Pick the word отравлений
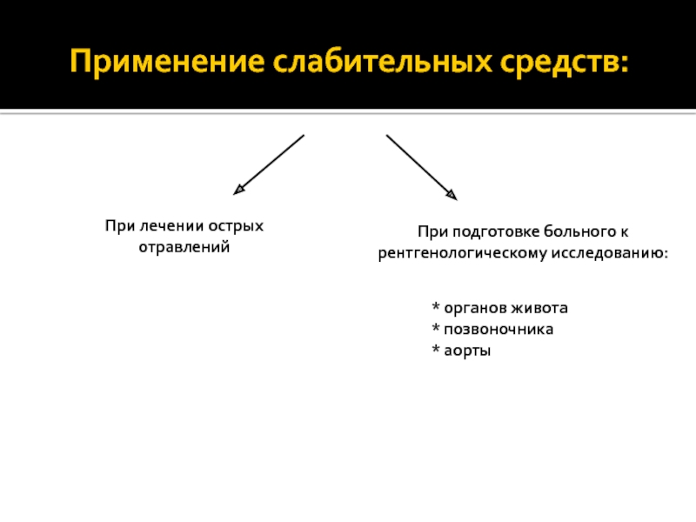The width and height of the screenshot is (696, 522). [x=184, y=248]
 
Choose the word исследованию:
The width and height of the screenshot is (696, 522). [x=608, y=253]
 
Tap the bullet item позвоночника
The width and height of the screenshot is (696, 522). [x=492, y=330]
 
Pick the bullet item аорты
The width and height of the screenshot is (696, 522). [x=462, y=351]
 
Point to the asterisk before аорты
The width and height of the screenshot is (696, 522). [x=436, y=350]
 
